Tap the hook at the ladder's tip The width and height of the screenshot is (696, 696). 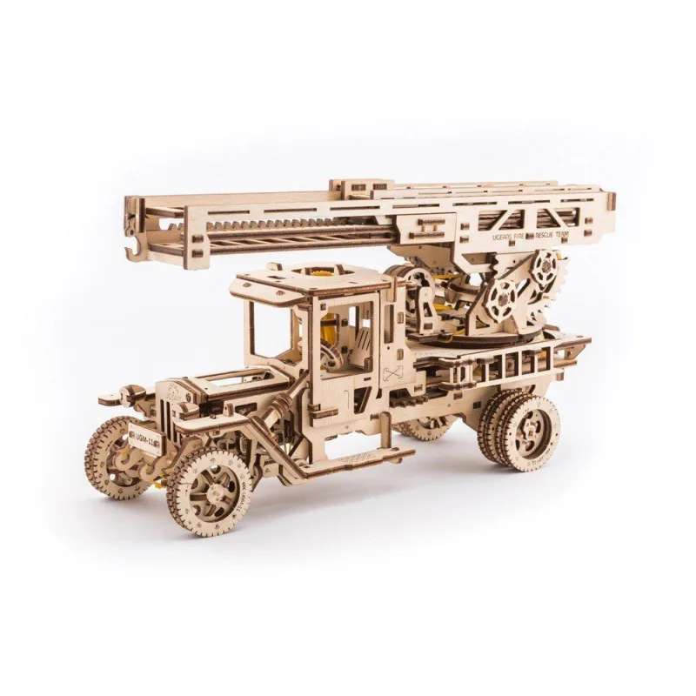(x=133, y=247)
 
